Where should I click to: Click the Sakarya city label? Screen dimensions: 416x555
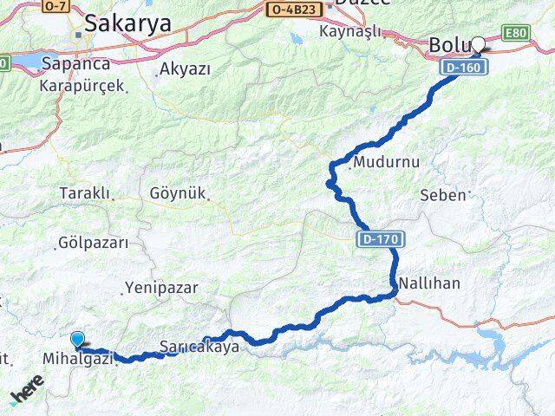point(128,23)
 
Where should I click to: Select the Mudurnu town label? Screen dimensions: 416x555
point(375,162)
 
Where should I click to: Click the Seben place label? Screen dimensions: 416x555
point(442,195)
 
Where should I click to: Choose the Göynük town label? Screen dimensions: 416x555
point(177,194)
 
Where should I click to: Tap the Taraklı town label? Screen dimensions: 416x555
point(85,192)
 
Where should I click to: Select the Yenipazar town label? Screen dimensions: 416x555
point(161,287)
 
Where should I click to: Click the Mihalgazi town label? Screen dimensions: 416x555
point(78,357)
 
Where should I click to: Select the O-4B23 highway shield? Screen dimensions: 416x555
point(295,10)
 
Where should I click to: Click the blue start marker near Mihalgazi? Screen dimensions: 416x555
point(77,341)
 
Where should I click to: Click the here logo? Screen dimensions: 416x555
point(28,393)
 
